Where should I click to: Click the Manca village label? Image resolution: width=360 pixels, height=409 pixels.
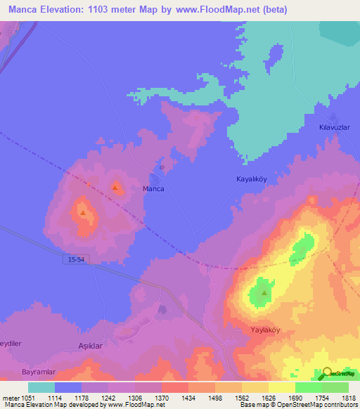(x=153, y=189)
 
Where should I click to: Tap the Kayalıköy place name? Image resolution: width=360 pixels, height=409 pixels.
(x=251, y=179)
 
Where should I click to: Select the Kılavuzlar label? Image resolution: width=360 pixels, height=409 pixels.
(x=325, y=127)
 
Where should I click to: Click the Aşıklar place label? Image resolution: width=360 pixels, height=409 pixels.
(x=90, y=346)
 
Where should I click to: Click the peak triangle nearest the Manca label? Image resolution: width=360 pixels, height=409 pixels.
(x=115, y=188)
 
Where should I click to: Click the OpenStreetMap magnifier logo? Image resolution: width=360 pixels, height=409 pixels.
(x=327, y=373)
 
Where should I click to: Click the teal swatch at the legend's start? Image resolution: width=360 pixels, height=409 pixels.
(x=41, y=387)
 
